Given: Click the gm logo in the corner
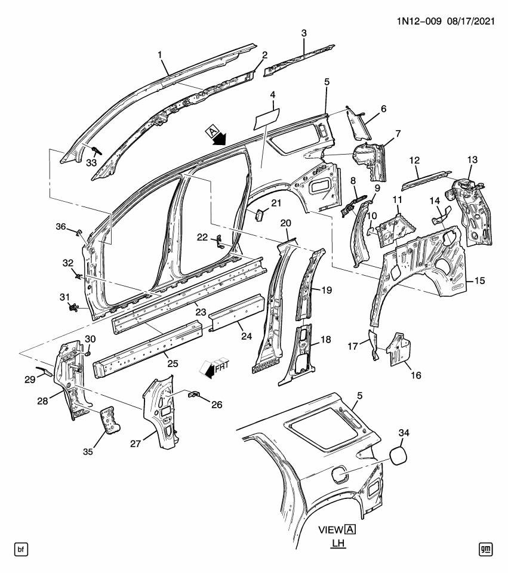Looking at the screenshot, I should point(486,547).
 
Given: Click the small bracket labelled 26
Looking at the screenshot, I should point(195,395).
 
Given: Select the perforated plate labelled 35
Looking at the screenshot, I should point(109,418).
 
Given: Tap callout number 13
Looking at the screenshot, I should point(473,159).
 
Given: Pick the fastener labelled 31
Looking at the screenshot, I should point(73,308).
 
